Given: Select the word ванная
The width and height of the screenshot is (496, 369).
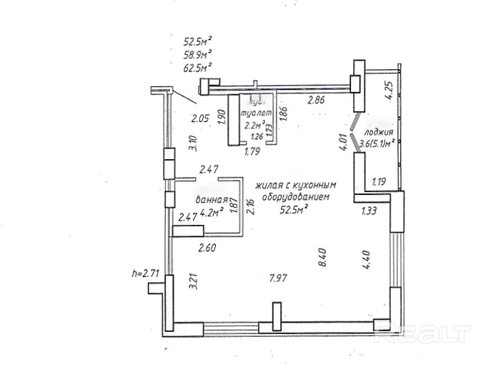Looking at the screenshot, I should coord(212,201).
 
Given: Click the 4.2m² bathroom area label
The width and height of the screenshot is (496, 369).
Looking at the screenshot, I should coord(212,212).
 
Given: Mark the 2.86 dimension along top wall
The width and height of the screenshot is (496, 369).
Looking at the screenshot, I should coord(316,100).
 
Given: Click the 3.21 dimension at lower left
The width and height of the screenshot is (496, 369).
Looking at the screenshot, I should coord(192,280).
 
